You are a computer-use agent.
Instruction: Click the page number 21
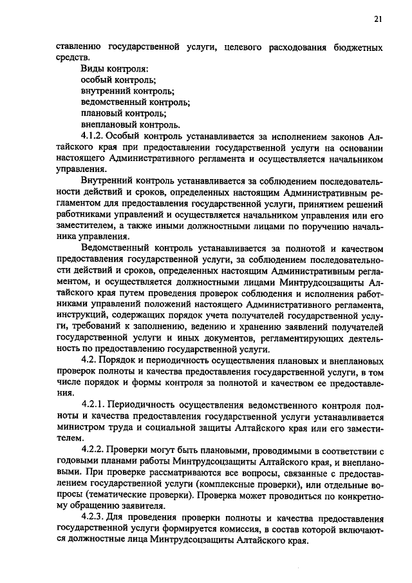(378, 19)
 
